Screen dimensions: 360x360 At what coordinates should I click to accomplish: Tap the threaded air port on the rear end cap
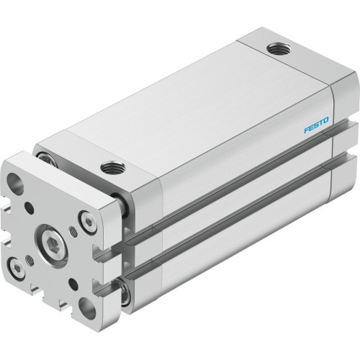tap(276, 49)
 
